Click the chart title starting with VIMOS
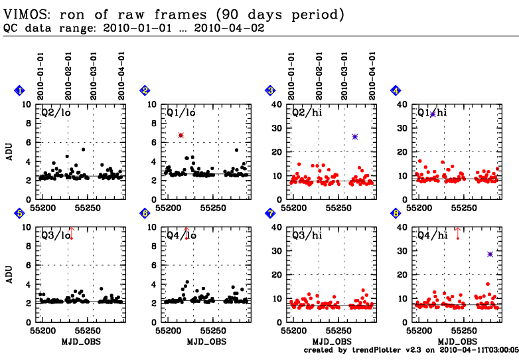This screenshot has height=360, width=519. point(174,13)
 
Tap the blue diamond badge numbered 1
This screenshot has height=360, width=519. point(20,91)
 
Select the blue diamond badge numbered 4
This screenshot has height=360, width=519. point(396,91)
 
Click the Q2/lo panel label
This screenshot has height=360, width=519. point(56,112)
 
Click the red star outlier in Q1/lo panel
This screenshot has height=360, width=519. point(181,135)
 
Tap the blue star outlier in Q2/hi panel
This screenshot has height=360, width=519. point(355,137)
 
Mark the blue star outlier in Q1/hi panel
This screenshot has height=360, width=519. point(432,114)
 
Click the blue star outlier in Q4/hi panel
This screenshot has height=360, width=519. point(490,254)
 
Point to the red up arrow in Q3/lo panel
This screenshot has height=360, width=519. point(71,232)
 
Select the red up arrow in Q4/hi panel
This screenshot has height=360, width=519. point(457,232)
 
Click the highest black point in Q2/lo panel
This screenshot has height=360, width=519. point(83,149)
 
